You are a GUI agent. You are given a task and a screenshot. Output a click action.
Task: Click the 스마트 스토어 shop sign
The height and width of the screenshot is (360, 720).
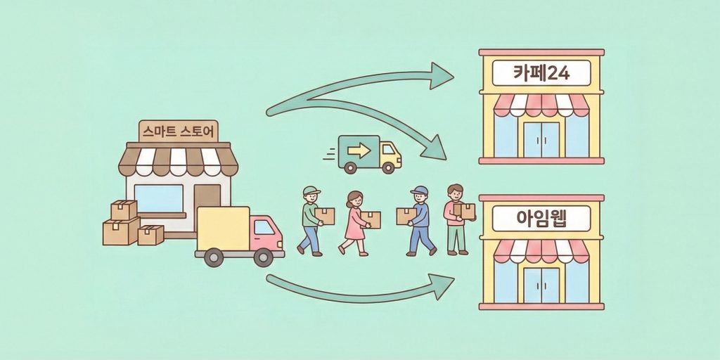tap(179, 131)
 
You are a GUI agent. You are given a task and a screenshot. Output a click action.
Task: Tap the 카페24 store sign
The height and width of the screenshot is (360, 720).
tap(541, 72)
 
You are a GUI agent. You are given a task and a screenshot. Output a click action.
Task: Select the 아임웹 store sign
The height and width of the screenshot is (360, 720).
tap(541, 219)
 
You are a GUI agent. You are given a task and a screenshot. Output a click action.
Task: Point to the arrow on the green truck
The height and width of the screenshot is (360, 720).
tap(359, 150)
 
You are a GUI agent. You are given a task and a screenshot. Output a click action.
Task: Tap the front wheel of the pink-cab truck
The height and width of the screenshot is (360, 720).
tap(263, 257)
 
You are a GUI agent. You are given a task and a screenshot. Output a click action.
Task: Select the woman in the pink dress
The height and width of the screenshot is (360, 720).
tap(354, 221)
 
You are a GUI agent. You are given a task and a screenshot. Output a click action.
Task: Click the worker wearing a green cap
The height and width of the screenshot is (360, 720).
tap(310, 219)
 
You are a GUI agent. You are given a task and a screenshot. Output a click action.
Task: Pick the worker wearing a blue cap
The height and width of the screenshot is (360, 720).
tap(420, 219)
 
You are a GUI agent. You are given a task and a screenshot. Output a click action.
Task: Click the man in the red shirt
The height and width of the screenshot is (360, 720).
tap(456, 218)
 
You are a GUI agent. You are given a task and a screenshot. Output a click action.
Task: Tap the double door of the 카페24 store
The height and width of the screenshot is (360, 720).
tap(541, 139)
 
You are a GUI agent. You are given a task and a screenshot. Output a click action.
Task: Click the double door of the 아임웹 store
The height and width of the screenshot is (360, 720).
tap(541, 285)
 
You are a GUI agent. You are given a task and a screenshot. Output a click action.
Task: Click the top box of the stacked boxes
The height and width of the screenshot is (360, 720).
tap(124, 210)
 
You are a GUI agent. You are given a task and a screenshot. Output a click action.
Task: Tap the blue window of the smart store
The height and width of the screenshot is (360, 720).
tap(158, 198)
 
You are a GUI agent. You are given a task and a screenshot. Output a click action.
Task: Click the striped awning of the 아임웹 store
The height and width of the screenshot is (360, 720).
tap(541, 250)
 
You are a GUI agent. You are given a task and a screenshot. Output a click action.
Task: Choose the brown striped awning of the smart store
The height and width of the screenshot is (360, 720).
tap(179, 161)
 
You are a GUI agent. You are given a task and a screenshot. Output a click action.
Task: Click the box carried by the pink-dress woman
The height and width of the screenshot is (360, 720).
tap(371, 219)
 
